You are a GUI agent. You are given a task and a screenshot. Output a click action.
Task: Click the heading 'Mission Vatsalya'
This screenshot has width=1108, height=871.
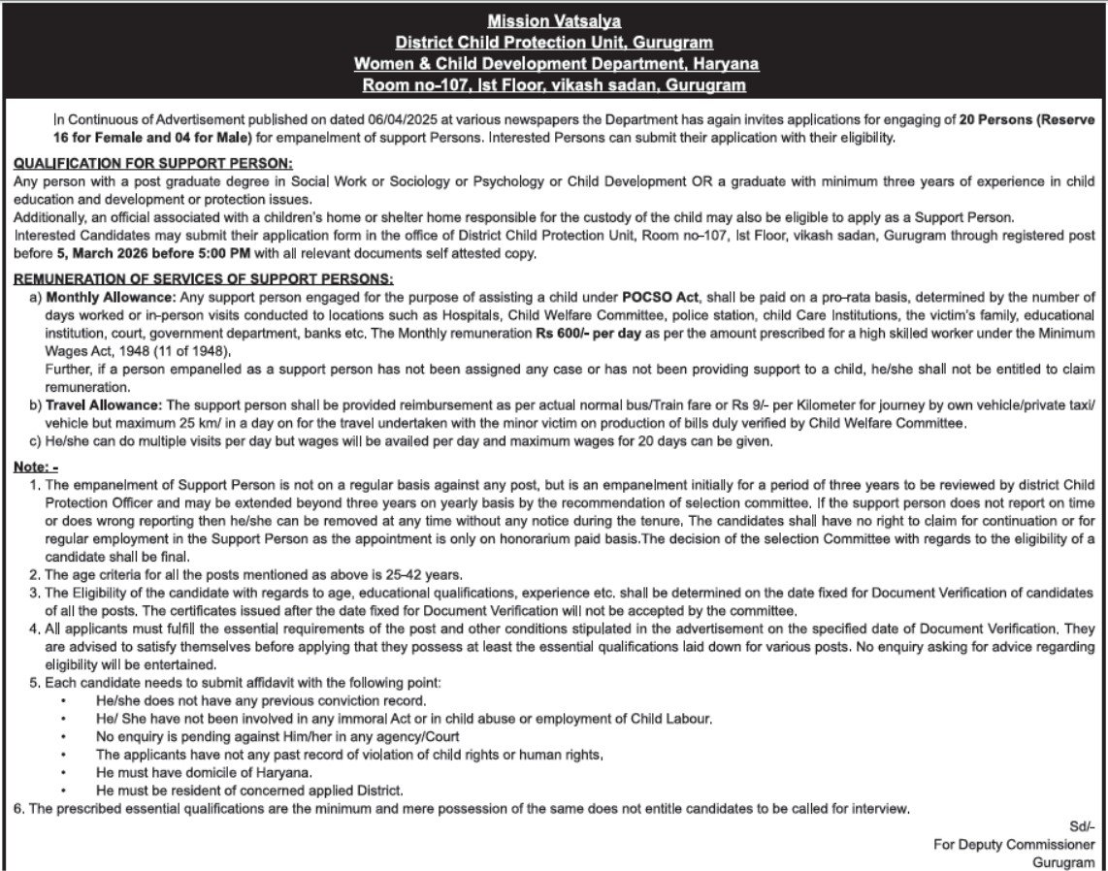click(554, 20)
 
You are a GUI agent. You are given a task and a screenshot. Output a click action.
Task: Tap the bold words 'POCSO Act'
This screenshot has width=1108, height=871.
click(659, 296)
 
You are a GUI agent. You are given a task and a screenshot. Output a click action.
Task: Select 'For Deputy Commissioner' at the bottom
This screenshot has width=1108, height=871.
click(1014, 845)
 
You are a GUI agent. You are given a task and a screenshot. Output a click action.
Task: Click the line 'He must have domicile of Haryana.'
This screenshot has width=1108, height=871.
click(204, 772)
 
